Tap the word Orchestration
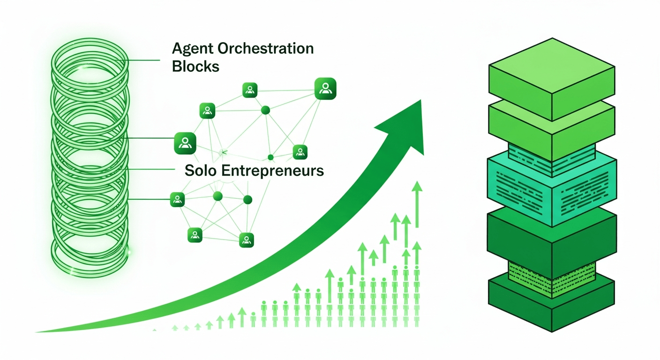(266, 48)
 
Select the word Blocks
(195, 67)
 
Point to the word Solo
(200, 171)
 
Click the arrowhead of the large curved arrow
(404, 124)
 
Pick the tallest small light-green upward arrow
(417, 204)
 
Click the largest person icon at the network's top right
(325, 89)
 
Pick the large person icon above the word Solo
(185, 143)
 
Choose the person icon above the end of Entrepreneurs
(300, 152)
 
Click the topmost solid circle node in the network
(265, 111)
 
